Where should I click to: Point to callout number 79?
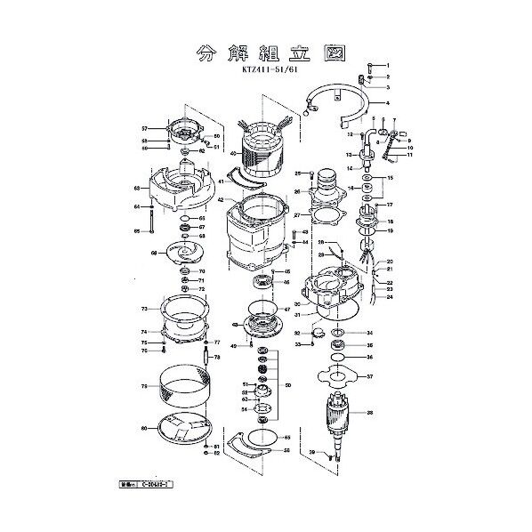click(143, 386)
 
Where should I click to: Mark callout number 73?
click(143, 309)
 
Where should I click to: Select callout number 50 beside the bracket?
click(287, 384)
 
